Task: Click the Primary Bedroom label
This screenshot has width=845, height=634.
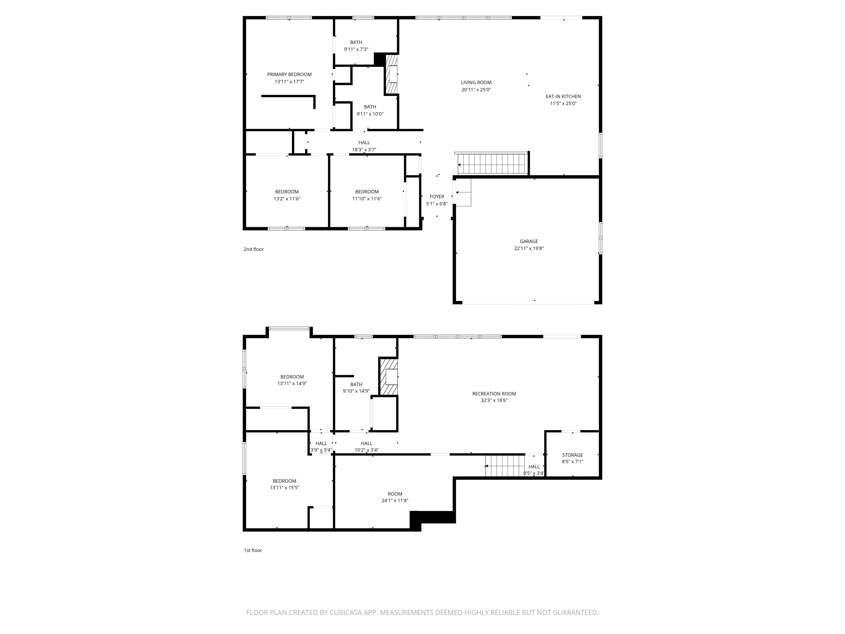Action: point(289,75)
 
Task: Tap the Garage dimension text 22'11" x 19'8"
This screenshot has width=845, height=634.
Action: point(529,248)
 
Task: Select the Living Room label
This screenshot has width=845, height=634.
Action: point(476,83)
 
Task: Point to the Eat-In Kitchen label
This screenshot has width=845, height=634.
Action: point(563,96)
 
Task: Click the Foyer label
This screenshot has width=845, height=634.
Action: point(437,197)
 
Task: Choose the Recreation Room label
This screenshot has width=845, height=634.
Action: point(494,394)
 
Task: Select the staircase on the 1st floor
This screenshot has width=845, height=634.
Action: point(505,466)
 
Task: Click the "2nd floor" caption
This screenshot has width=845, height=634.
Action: point(254,249)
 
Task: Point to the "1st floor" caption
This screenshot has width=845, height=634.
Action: point(253,550)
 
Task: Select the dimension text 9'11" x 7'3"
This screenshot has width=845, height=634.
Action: point(356,49)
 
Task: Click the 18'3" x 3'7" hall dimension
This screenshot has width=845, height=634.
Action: point(364,150)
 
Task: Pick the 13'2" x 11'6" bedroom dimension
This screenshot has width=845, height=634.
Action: point(287,199)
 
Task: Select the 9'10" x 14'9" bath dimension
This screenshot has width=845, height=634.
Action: point(356,391)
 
